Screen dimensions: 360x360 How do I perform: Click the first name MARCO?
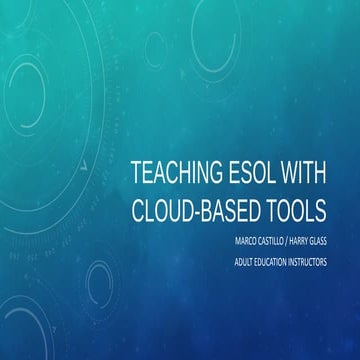click(x=240, y=241)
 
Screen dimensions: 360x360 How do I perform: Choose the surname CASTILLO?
click(x=274, y=241)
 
